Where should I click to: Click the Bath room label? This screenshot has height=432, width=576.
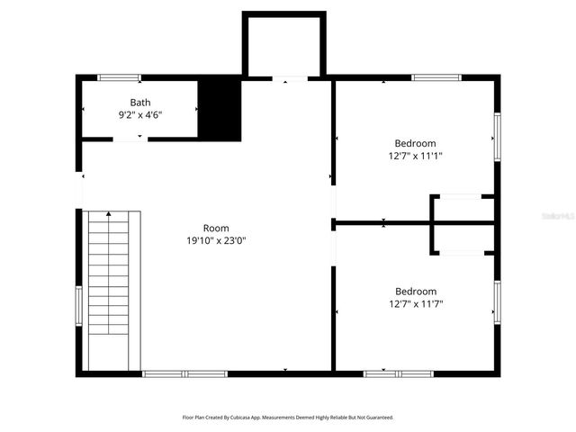(x=140, y=103)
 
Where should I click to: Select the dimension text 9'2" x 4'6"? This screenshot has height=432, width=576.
(x=140, y=115)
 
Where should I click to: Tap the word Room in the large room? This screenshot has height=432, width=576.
(x=216, y=228)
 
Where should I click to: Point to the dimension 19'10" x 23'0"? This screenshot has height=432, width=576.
(x=216, y=240)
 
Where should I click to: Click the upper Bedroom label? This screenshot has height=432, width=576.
(x=415, y=143)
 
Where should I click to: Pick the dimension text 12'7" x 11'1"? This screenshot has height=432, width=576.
(x=415, y=156)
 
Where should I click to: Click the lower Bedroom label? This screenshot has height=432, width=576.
(x=415, y=291)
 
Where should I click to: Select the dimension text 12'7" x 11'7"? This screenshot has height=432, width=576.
(x=415, y=303)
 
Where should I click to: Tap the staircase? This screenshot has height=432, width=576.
(x=113, y=288)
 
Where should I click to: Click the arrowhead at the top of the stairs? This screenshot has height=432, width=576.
(x=109, y=214)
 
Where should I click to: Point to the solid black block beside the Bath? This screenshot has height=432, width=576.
(x=220, y=109)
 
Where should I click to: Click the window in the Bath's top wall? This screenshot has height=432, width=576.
(x=119, y=77)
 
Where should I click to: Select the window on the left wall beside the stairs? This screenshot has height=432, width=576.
(x=78, y=307)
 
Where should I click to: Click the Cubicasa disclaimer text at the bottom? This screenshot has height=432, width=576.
(x=288, y=418)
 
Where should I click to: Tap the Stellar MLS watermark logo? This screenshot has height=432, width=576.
(x=550, y=216)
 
